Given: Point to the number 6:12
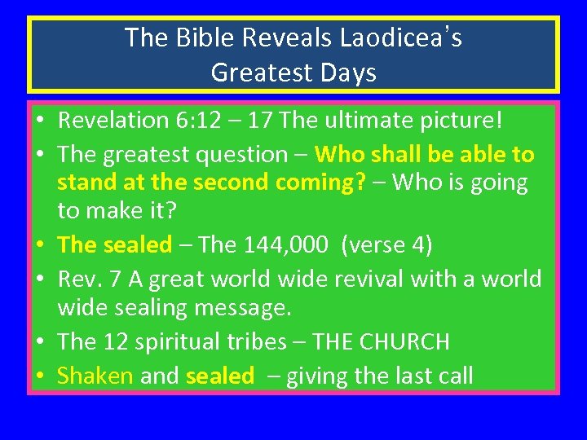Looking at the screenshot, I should coord(196,121).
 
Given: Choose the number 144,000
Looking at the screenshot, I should coord(281,244).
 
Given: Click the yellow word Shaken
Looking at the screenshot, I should coord(95,376).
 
